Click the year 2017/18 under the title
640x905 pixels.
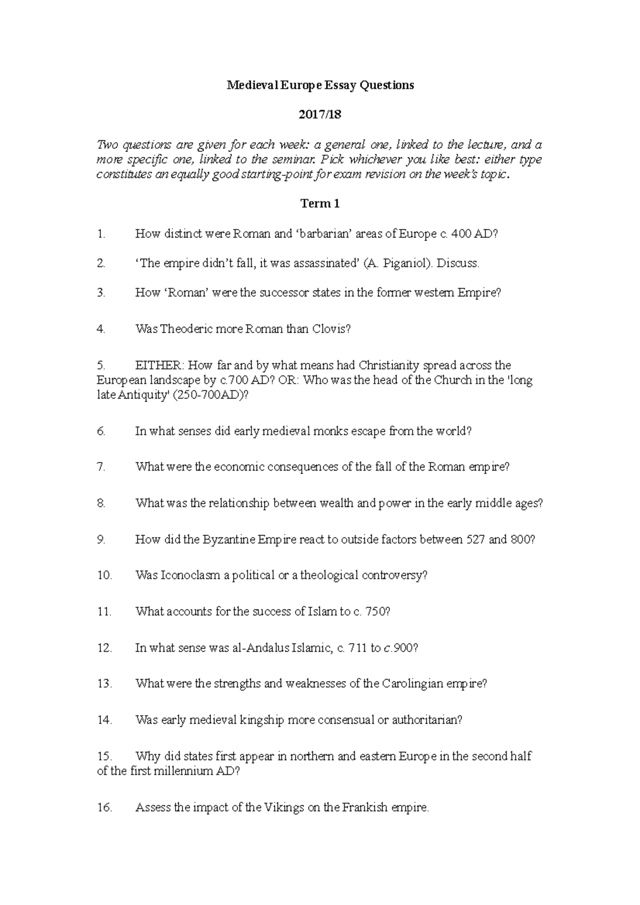click(x=320, y=115)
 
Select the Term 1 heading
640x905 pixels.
click(x=320, y=204)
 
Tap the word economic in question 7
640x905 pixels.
click(x=238, y=467)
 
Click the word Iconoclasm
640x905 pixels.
click(x=190, y=576)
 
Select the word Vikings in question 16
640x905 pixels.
click(x=284, y=807)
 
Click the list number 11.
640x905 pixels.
click(x=104, y=612)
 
